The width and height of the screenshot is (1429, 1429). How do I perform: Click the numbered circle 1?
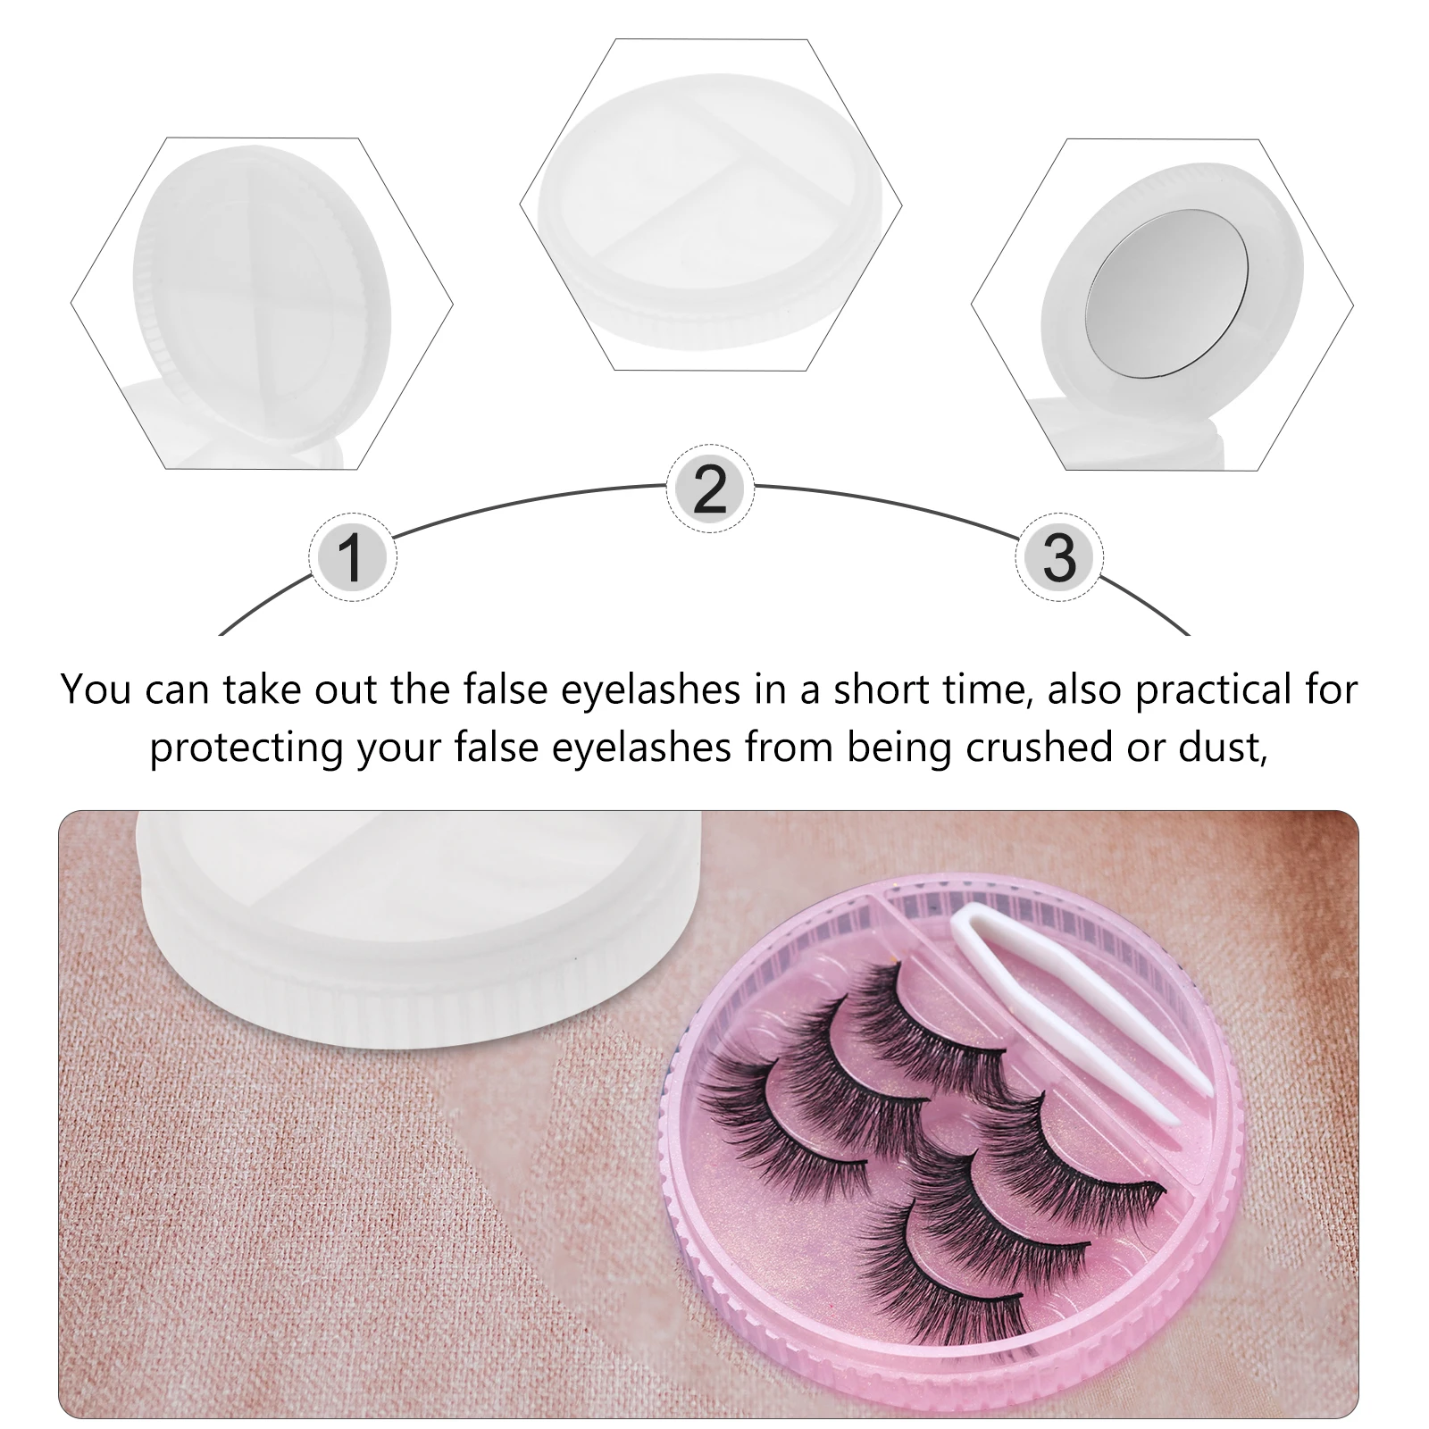point(352,557)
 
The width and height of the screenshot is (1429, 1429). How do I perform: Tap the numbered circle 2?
point(710,489)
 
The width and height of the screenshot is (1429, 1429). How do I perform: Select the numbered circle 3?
point(1059,557)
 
